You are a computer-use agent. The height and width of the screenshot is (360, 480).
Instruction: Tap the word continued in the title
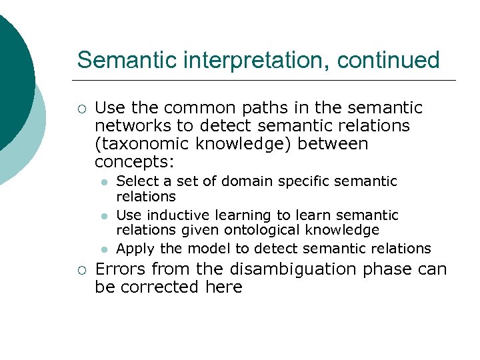[x=388, y=60]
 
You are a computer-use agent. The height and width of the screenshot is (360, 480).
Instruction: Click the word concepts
[x=133, y=162]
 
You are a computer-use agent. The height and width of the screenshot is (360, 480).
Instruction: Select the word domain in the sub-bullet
[x=245, y=181]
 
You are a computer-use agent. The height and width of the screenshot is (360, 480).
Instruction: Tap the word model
[x=207, y=249]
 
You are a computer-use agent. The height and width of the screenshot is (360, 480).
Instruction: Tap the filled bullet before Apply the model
[x=104, y=249]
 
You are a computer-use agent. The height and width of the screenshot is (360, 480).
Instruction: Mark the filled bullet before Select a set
[x=104, y=182]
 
